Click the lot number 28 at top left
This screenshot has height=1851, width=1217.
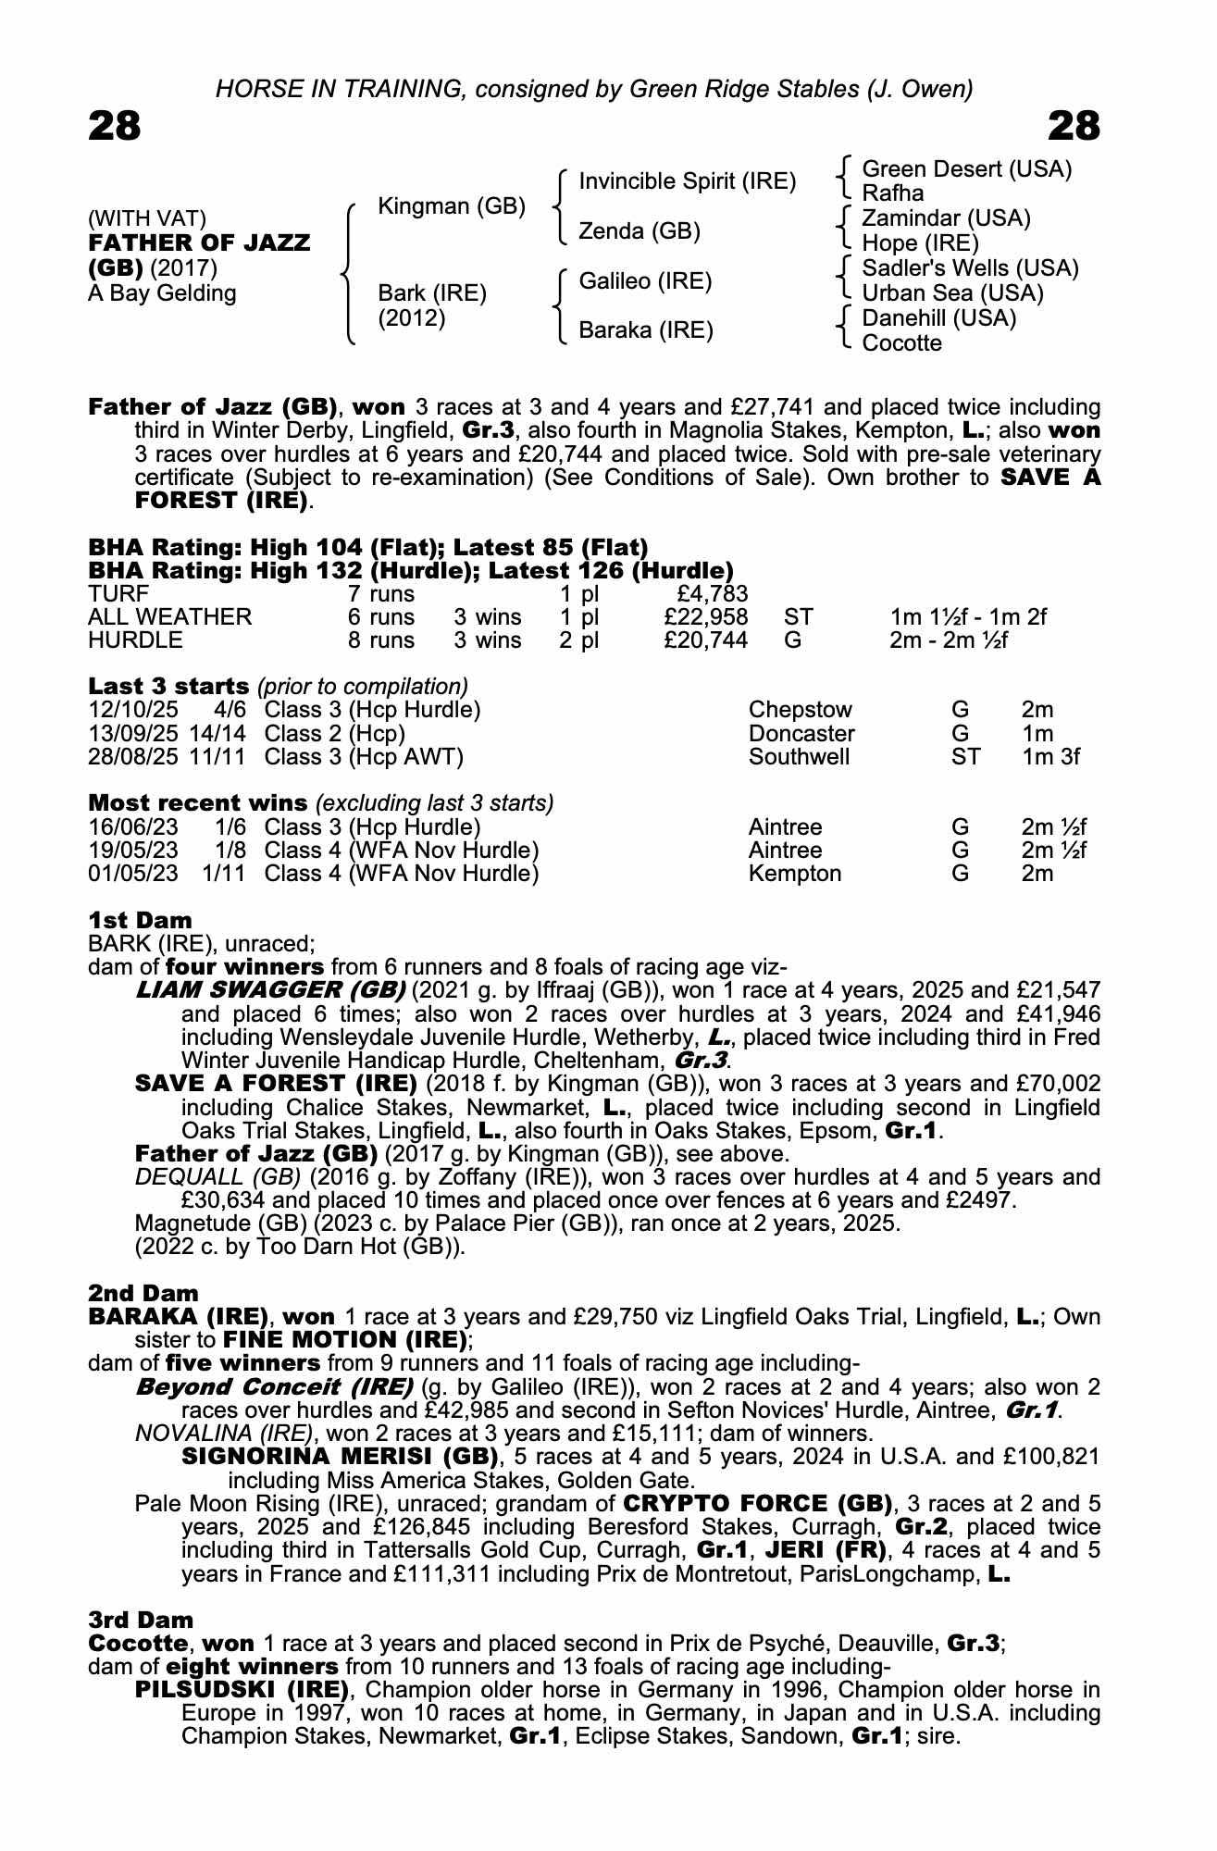(x=115, y=126)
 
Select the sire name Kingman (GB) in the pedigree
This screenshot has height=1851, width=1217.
(x=452, y=206)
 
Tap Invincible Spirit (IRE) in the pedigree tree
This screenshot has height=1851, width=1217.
(x=687, y=181)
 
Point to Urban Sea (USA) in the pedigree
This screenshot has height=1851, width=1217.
(x=952, y=293)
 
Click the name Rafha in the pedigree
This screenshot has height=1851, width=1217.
(x=892, y=193)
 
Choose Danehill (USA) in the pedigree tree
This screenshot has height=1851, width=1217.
(x=938, y=318)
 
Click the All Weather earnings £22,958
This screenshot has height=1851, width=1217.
(x=705, y=617)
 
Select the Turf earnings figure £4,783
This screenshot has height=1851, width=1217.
(x=713, y=594)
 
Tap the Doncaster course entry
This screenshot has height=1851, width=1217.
(x=801, y=734)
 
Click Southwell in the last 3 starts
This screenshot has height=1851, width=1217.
(x=799, y=757)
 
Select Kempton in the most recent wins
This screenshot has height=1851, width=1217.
(x=794, y=874)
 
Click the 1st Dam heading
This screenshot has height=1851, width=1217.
(x=140, y=920)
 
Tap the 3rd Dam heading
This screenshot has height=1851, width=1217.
(x=141, y=1620)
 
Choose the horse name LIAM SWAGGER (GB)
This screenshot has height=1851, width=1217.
(x=270, y=990)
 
